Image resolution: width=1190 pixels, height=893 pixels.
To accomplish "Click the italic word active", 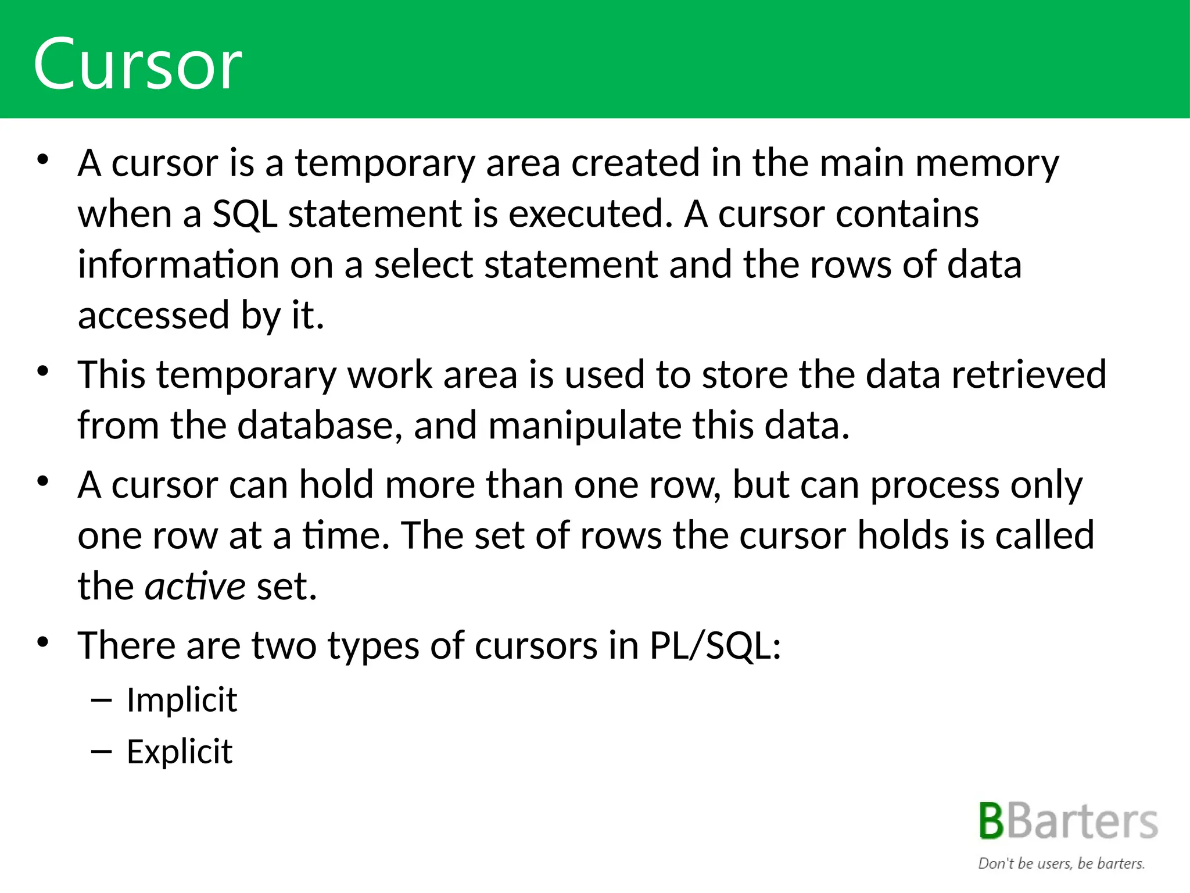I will point(195,586).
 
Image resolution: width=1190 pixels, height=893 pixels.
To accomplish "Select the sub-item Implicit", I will point(182,699).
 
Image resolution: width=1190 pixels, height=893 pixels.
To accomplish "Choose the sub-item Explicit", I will point(180,751).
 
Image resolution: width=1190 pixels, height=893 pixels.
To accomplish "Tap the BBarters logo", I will point(1068,821).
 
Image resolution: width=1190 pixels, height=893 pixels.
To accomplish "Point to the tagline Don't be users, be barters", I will point(1061,863).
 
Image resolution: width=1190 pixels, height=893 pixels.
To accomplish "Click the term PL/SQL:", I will point(715,645).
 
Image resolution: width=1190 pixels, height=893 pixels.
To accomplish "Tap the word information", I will point(178,265).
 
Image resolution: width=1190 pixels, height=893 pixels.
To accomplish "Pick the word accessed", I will point(154,316).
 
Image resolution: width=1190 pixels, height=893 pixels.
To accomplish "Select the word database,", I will point(320,425).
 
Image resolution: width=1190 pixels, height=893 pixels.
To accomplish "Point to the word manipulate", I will point(585,426).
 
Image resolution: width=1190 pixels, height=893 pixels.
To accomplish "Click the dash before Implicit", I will point(101,700).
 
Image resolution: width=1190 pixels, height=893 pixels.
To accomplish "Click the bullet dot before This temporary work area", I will point(42,371).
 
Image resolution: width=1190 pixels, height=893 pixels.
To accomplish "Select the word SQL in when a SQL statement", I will point(245,215).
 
